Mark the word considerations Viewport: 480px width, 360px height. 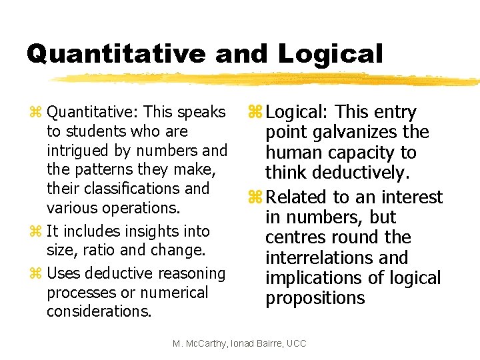click(x=99, y=311)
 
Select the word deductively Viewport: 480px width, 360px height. click(x=373, y=173)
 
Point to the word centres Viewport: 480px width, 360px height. click(x=295, y=237)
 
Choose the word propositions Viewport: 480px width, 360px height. click(x=315, y=297)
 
